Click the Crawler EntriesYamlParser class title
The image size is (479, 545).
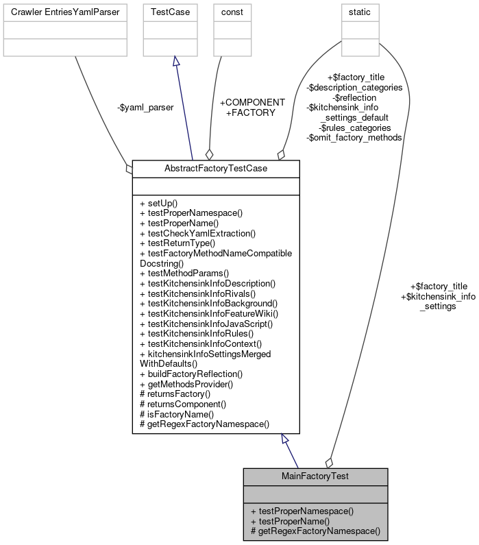click(x=65, y=12)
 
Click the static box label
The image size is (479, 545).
click(x=360, y=12)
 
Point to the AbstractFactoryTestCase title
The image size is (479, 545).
click(x=216, y=169)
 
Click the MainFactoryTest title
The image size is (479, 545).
click(x=316, y=476)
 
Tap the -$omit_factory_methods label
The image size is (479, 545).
click(x=354, y=137)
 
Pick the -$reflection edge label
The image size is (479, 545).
click(x=354, y=97)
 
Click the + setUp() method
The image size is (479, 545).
click(x=158, y=203)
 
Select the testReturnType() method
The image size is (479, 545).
click(x=177, y=243)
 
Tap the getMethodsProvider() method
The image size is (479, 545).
click(x=186, y=384)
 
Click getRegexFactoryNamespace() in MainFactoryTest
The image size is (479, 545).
click(x=315, y=531)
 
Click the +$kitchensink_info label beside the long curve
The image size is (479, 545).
click(x=438, y=296)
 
